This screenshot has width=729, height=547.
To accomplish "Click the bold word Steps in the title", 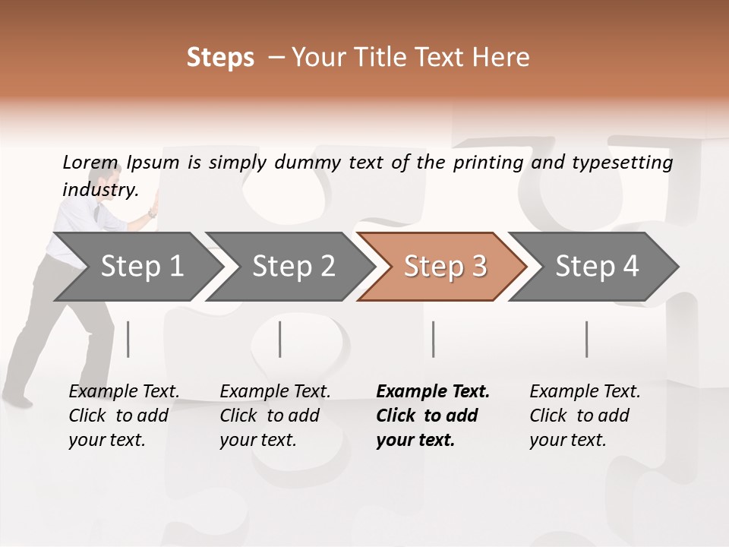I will coord(220,58).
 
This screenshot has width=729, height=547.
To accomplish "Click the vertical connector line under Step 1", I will coord(128,339).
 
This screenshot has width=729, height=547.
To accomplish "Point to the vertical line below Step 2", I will coord(280,339).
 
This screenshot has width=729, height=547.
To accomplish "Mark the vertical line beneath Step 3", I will coord(433,339).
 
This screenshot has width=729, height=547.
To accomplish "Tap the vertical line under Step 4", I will coord(586,339).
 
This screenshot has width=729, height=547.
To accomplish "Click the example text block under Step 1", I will coord(124,416).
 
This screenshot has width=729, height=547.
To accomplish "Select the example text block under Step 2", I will coord(275,416).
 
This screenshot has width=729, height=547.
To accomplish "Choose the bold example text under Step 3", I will coord(433,416).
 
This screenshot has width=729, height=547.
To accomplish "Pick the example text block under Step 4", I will coord(585,416).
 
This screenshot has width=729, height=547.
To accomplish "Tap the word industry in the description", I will coord(100,190).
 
